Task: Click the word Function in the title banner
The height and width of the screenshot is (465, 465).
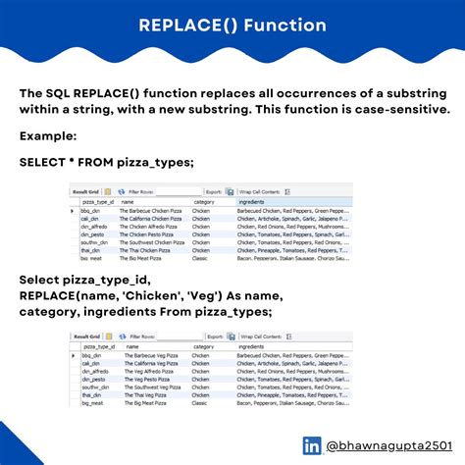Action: click(285, 25)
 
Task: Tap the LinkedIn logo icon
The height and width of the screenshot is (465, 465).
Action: click(312, 444)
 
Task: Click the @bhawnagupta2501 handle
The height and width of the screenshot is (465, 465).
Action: click(385, 444)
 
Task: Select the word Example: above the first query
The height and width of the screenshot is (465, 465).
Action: click(48, 134)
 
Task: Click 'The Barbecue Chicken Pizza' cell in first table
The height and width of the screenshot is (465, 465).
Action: click(153, 211)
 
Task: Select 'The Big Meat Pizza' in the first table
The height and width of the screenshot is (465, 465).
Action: click(142, 260)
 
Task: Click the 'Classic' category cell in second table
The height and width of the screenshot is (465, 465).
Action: click(201, 403)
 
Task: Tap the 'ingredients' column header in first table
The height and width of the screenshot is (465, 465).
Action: click(256, 202)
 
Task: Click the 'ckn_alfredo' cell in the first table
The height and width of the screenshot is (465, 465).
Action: click(94, 228)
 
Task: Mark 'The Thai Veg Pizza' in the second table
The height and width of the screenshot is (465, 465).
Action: click(143, 395)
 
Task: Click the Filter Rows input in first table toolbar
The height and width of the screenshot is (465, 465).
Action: click(178, 192)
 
